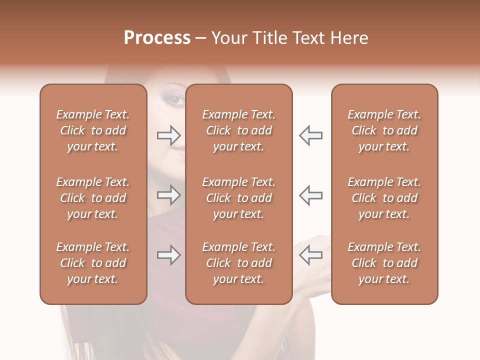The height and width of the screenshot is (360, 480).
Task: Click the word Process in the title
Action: click(x=157, y=37)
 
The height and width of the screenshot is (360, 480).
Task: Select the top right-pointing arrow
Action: click(x=169, y=135)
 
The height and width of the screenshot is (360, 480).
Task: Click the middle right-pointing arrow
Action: click(x=169, y=195)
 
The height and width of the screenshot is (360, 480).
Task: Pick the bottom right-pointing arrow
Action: click(x=169, y=255)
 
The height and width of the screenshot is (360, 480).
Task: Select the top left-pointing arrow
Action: click(x=310, y=135)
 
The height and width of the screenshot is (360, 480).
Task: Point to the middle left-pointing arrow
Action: click(x=310, y=195)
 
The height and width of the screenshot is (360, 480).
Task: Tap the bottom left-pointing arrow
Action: click(x=310, y=255)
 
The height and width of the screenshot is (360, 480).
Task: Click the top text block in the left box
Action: click(x=93, y=130)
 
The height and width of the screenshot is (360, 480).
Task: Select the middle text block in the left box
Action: click(x=93, y=198)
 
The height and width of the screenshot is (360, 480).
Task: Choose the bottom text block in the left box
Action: click(x=93, y=263)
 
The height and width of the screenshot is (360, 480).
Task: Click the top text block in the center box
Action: click(x=238, y=130)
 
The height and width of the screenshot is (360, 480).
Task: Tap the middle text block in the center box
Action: click(x=238, y=198)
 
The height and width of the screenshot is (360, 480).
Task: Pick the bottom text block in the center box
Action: click(x=238, y=263)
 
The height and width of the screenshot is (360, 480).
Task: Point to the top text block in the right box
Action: click(x=384, y=130)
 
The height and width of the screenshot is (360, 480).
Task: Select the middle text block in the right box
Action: click(x=384, y=198)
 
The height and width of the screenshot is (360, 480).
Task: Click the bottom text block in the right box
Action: click(x=384, y=263)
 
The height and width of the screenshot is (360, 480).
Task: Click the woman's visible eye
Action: click(x=175, y=99)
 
